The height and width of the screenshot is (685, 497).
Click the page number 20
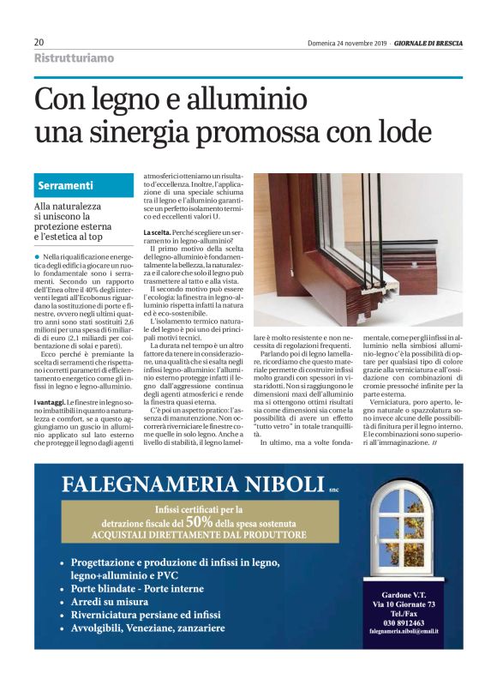pos(39,42)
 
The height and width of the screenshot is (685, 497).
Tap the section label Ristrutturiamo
pos(74,58)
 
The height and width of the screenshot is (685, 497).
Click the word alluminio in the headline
pos(239,100)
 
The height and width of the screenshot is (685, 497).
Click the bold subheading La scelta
pos(159,233)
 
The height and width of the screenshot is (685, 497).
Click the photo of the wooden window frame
pos(357,249)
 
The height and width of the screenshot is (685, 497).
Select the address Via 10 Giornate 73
pos(403,604)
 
